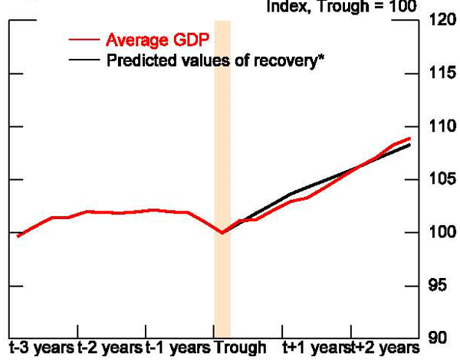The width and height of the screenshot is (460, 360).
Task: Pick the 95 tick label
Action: tap(442, 286)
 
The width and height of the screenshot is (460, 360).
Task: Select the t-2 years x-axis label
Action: tap(110, 348)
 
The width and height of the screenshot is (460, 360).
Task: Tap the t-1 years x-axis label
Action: tap(177, 348)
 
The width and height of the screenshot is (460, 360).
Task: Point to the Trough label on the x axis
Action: tap(240, 348)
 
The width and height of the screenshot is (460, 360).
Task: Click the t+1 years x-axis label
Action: tap(313, 348)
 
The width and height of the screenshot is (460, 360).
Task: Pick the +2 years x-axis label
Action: tap(381, 348)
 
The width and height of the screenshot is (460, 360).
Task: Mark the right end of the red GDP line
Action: tap(409, 139)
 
